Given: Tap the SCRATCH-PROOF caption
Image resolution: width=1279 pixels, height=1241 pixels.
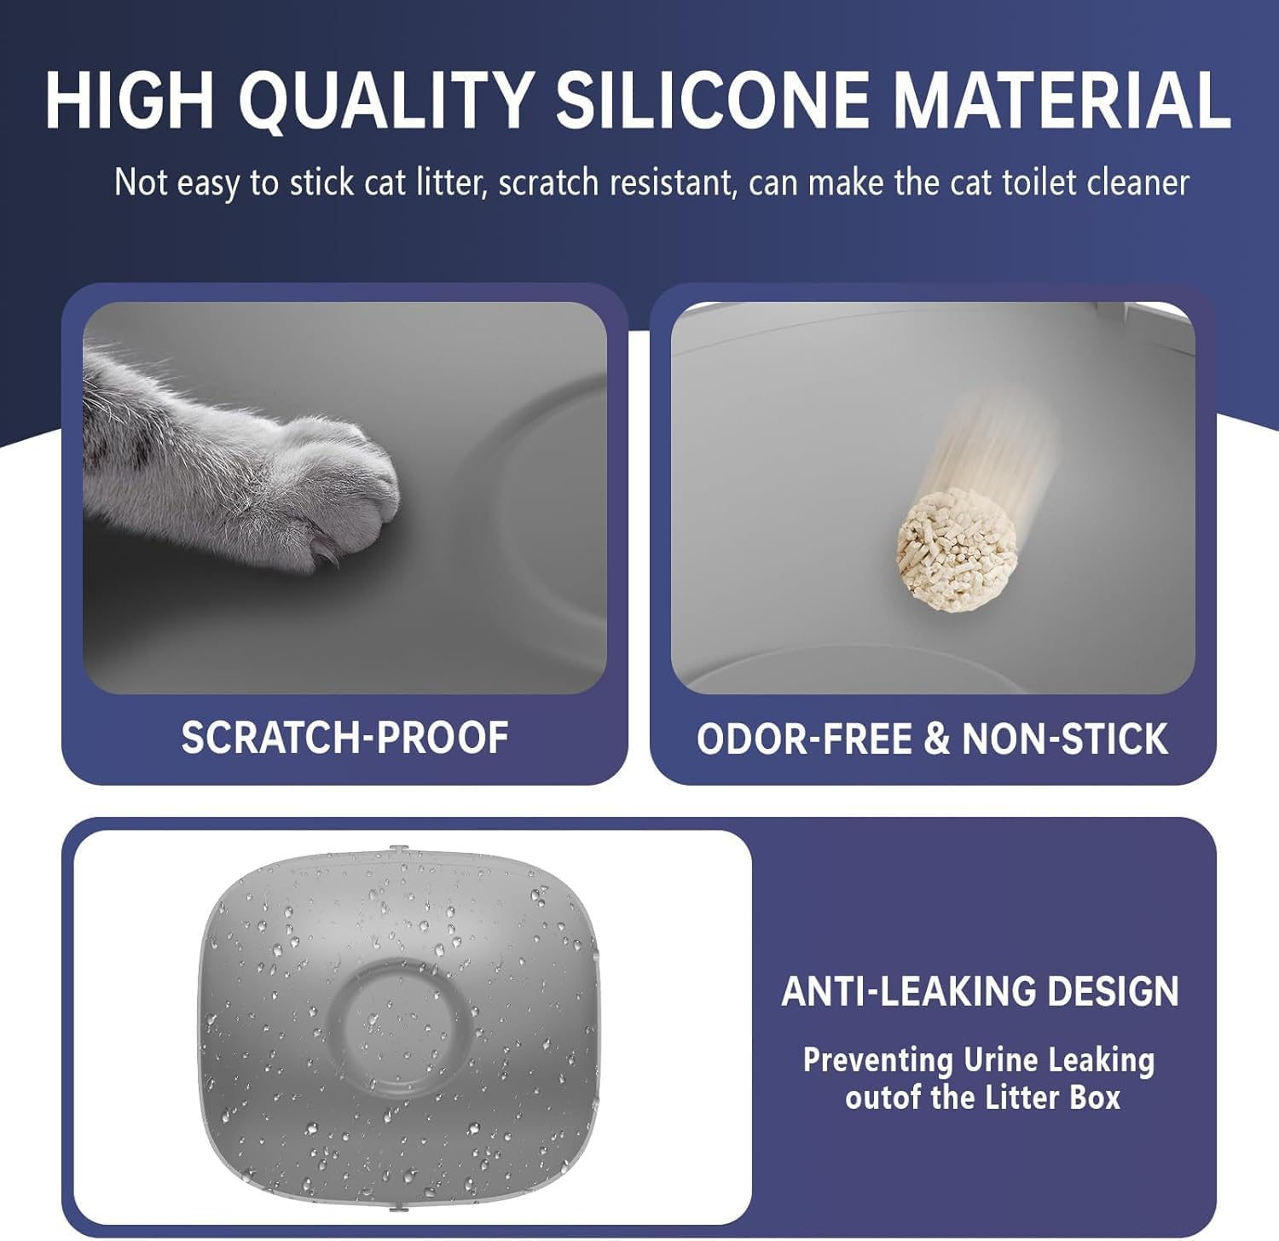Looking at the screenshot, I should click(x=344, y=738).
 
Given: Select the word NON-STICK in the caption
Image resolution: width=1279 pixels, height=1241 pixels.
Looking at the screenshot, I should click(x=1064, y=739).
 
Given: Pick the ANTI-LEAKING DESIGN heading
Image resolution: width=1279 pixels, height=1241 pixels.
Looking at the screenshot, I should click(x=981, y=991).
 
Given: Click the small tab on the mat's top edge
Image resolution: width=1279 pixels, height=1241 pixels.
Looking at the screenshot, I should click(x=395, y=850).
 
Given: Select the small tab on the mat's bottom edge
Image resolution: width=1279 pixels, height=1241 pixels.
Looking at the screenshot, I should click(x=395, y=1208).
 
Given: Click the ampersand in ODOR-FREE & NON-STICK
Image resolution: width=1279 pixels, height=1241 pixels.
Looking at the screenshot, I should click(x=935, y=739).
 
